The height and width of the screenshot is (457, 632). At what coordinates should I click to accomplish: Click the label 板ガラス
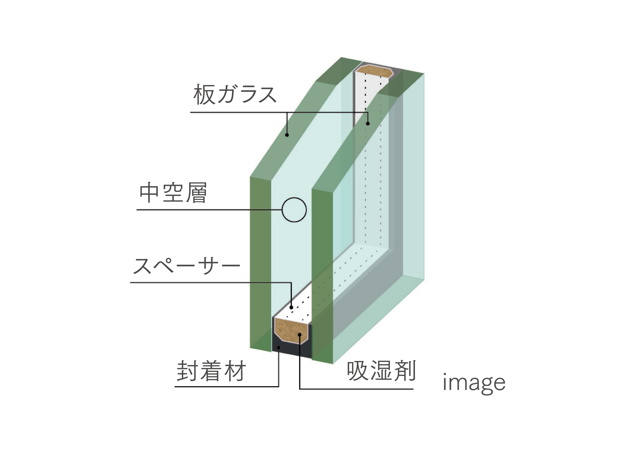pyautogui.click(x=235, y=95)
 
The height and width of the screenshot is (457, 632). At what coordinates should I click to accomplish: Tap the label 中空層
pyautogui.click(x=173, y=193)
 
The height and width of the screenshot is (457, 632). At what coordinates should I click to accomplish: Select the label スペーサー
pyautogui.click(x=186, y=266)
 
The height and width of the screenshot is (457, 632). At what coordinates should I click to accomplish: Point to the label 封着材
pyautogui.click(x=211, y=371)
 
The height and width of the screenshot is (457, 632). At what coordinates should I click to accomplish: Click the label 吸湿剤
pyautogui.click(x=381, y=371)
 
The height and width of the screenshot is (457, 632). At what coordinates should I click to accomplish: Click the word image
pyautogui.click(x=474, y=383)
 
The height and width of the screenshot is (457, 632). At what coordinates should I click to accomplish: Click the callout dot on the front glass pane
pyautogui.click(x=287, y=135)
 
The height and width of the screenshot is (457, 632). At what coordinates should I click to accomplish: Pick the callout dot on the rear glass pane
pyautogui.click(x=368, y=123)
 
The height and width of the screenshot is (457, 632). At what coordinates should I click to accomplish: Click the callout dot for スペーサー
pyautogui.click(x=291, y=307)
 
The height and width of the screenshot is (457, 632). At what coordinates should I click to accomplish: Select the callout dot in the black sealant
pyautogui.click(x=279, y=348)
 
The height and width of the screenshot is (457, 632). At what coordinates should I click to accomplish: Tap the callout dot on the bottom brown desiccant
pyautogui.click(x=299, y=334)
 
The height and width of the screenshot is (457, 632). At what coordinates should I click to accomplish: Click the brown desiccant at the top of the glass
pyautogui.click(x=375, y=71)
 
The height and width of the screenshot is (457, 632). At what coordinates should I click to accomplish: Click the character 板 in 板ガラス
pyautogui.click(x=204, y=95)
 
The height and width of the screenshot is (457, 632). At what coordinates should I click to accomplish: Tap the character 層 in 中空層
pyautogui.click(x=196, y=193)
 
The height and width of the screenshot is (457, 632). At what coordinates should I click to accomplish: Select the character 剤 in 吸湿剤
pyautogui.click(x=405, y=371)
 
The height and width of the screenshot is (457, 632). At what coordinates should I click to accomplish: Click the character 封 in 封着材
pyautogui.click(x=188, y=371)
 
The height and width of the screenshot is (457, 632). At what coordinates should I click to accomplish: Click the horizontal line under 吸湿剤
pyautogui.click(x=356, y=389)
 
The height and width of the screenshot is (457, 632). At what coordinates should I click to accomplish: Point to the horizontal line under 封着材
pyautogui.click(x=227, y=386)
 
